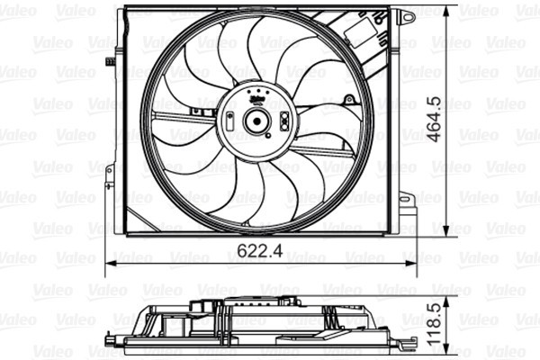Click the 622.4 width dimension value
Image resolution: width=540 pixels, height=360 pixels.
(262, 251)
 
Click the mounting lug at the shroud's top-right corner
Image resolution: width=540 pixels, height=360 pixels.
(406, 16)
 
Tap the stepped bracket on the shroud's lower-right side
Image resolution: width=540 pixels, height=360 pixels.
(408, 208)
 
